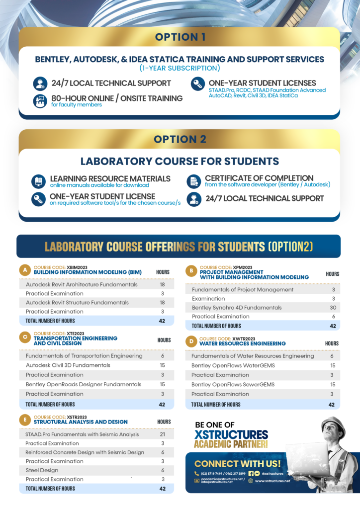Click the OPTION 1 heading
(x=180, y=37)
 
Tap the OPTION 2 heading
(x=180, y=140)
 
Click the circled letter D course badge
(x=190, y=341)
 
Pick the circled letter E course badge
(x=24, y=420)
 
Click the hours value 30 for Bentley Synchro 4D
(x=333, y=308)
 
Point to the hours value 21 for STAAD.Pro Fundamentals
(x=163, y=434)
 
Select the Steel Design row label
(x=42, y=470)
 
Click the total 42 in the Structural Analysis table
(x=162, y=489)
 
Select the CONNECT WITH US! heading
(x=237, y=464)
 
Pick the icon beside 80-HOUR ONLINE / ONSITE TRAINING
(x=40, y=101)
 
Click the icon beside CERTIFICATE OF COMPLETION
(x=193, y=181)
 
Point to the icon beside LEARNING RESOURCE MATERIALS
(x=38, y=181)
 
